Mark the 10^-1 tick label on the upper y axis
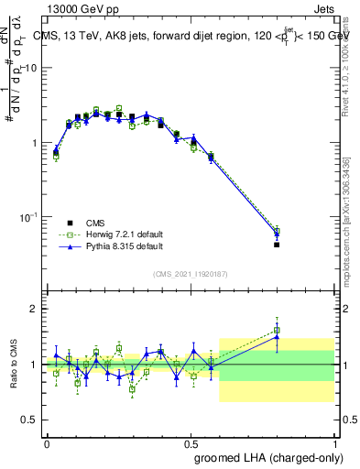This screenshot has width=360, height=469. click(x=29, y=217)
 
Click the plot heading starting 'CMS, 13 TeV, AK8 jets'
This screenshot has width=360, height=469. click(x=191, y=36)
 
